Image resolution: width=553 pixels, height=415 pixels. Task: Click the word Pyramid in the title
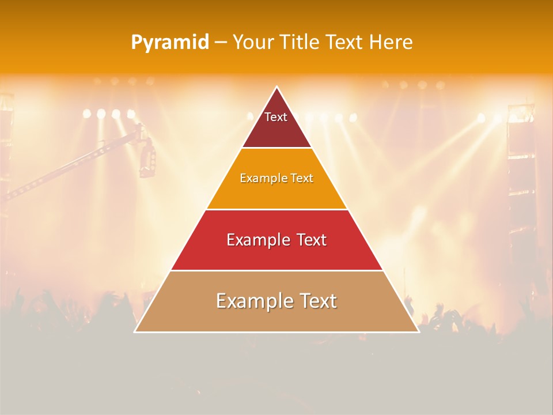click(x=170, y=43)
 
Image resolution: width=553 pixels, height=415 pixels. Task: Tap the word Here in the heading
click(x=391, y=43)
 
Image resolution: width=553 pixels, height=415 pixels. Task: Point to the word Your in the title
click(x=253, y=43)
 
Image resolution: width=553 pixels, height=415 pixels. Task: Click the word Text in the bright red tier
click(x=308, y=240)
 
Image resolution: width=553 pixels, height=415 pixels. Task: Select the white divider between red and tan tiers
click(x=276, y=270)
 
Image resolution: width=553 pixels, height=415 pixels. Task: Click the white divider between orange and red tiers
click(x=276, y=209)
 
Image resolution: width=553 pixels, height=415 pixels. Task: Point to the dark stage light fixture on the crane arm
click(x=147, y=157)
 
